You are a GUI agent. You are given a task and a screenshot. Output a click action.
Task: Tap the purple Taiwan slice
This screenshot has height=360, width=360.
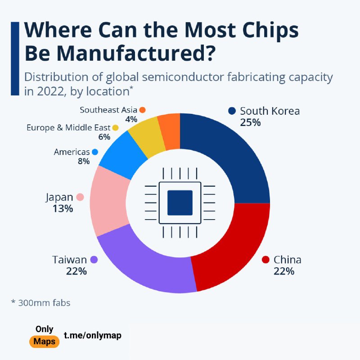click(x=144, y=265)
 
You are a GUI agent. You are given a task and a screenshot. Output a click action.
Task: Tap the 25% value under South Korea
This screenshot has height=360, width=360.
click(x=250, y=122)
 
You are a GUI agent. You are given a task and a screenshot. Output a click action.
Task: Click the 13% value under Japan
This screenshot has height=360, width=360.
click(x=62, y=209)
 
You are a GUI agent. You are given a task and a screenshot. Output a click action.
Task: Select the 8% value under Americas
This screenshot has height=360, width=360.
click(x=83, y=162)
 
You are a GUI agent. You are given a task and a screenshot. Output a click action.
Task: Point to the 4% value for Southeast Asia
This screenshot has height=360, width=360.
click(x=131, y=120)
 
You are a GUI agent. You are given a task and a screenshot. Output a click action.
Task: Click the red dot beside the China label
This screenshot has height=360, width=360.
click(x=265, y=260)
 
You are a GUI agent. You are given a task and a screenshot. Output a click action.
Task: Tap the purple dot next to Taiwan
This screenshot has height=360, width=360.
click(x=94, y=260)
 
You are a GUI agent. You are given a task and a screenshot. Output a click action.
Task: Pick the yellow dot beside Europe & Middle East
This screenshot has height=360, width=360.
click(x=115, y=128)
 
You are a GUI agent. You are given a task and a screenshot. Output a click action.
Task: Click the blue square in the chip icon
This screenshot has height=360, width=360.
click(x=180, y=202)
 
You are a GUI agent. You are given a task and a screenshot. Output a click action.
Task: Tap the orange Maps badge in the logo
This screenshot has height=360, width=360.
click(x=44, y=342)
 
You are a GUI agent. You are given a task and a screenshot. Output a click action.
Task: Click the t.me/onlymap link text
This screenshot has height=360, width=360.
click(x=92, y=335)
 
